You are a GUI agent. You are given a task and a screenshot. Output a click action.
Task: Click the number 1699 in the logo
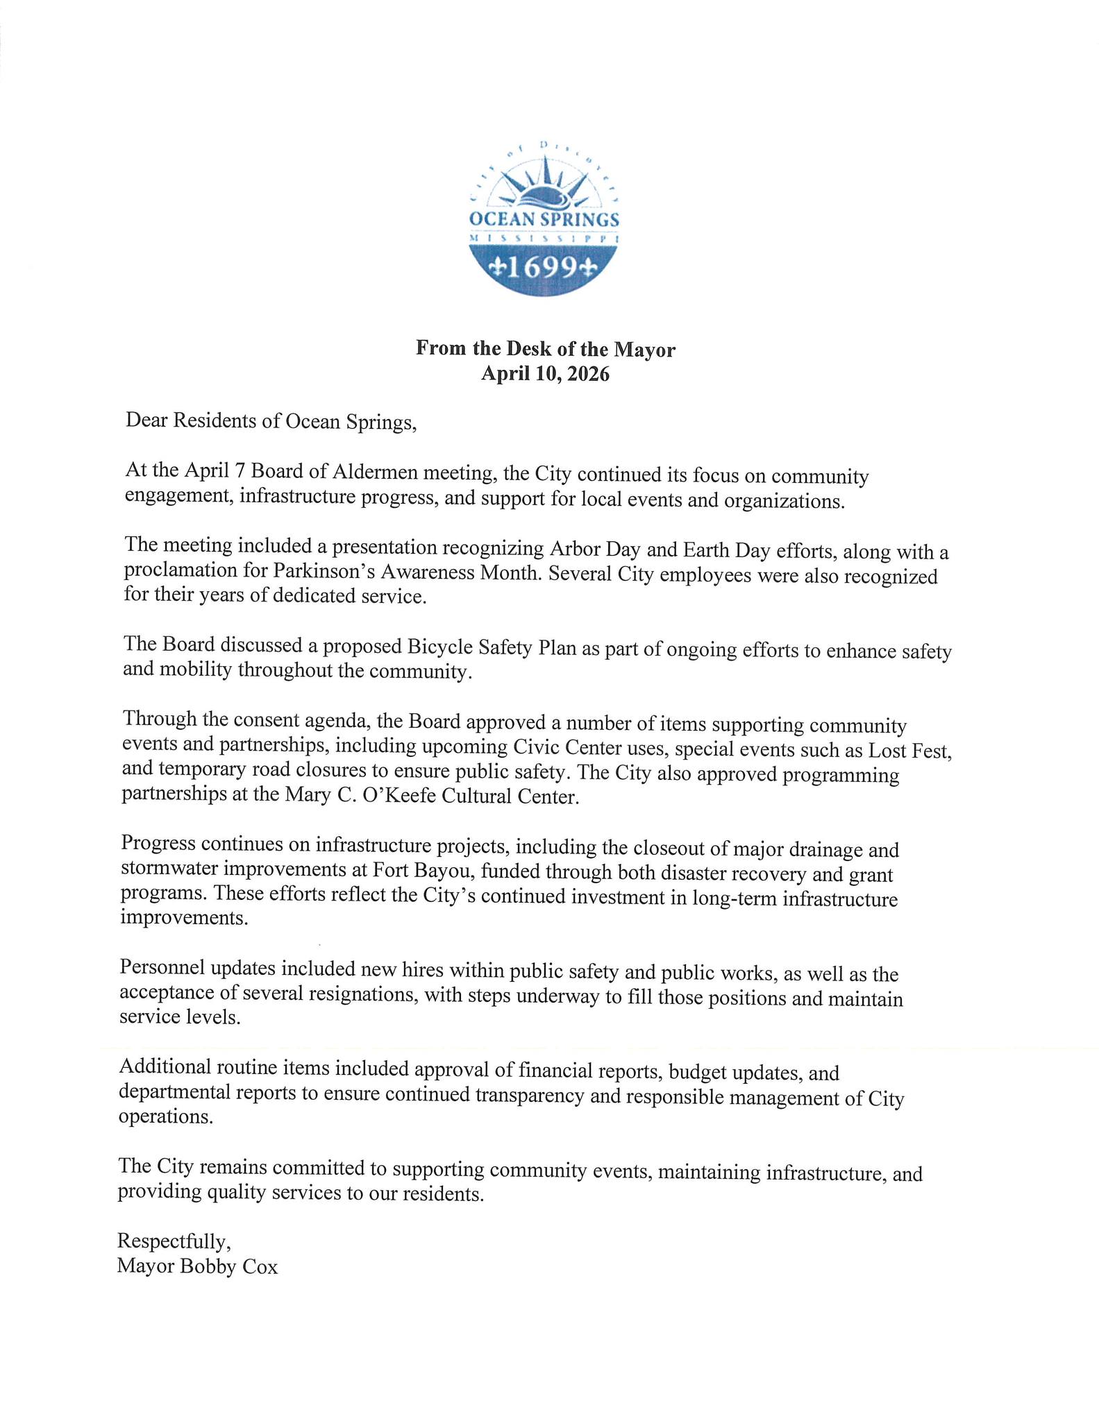click(x=543, y=269)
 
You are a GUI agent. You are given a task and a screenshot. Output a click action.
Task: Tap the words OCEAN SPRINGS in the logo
click(x=544, y=220)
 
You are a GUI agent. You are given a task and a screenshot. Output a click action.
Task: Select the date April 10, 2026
click(x=545, y=375)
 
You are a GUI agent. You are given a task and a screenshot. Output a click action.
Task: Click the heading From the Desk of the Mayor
click(x=545, y=348)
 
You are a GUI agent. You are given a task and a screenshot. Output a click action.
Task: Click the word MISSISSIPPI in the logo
click(x=544, y=238)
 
